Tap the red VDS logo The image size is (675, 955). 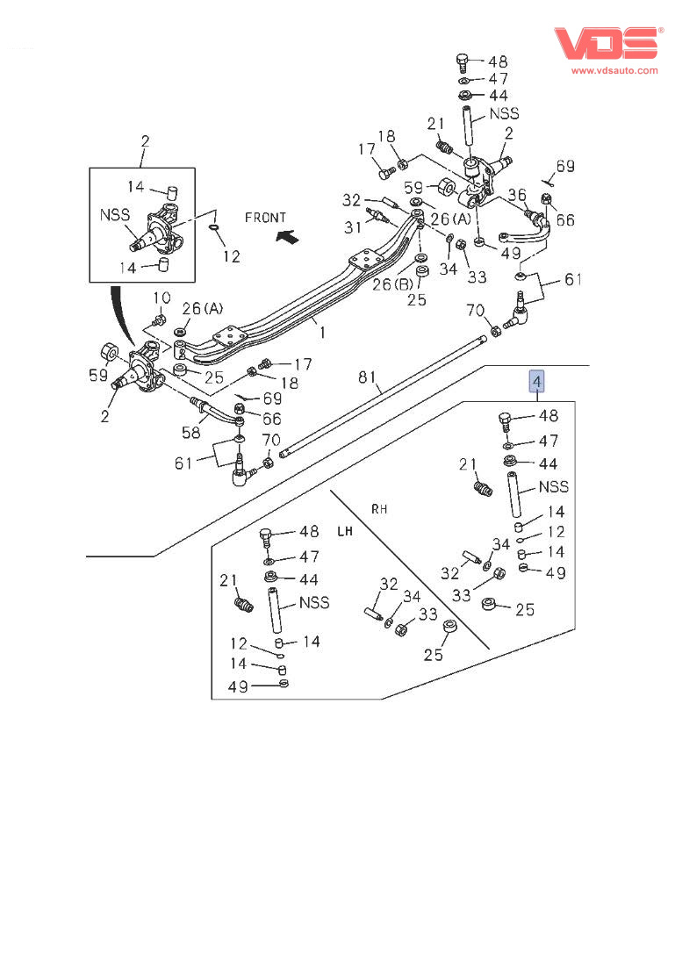coord(605,43)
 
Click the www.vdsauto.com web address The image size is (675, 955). coord(614,70)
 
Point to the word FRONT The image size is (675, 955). coord(266,218)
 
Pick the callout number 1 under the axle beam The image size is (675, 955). coord(322,333)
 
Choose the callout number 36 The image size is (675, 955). coord(518,195)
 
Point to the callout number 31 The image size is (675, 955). coord(352,227)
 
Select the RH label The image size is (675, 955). coord(379,508)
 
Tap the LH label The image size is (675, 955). coord(345,531)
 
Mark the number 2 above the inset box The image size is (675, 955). coord(145,140)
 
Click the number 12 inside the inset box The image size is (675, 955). coord(230,256)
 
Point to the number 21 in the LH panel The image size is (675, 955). coord(228,579)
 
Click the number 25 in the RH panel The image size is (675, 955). coord(525,609)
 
